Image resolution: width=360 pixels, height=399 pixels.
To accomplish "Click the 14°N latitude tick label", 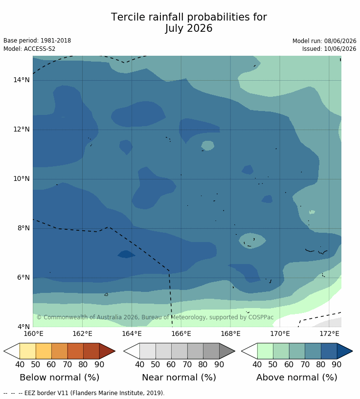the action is (x=22, y=80).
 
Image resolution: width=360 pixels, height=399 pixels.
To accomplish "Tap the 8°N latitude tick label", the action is (x=23, y=228).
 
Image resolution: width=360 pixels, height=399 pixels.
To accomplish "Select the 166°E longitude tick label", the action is (x=181, y=333).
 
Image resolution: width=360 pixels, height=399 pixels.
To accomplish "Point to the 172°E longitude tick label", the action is (x=329, y=333).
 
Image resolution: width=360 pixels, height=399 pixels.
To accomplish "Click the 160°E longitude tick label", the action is (x=33, y=333).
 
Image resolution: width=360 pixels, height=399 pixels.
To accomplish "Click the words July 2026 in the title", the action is (x=189, y=28).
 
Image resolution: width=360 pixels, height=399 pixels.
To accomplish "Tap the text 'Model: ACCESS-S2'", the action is (x=29, y=48).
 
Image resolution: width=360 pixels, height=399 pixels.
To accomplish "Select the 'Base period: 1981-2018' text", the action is (x=37, y=41).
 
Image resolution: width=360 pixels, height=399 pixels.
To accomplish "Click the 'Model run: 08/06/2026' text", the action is (x=324, y=41).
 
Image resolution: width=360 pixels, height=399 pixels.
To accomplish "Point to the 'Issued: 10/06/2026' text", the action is (x=329, y=48).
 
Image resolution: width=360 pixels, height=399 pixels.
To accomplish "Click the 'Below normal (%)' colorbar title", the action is (x=60, y=377).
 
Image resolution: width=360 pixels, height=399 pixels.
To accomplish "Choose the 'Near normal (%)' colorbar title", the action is (x=179, y=377).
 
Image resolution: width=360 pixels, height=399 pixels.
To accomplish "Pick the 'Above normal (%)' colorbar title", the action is (x=297, y=377).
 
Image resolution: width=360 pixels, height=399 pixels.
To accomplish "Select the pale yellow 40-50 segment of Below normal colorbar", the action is (x=28, y=351).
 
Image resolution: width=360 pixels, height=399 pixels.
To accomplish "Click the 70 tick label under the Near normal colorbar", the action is (x=187, y=365).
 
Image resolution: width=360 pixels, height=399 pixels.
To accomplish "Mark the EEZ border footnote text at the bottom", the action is (x=84, y=393).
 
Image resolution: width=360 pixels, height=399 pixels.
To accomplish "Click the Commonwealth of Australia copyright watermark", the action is (x=155, y=317).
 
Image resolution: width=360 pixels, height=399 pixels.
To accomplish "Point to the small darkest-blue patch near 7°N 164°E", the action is (x=126, y=254).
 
